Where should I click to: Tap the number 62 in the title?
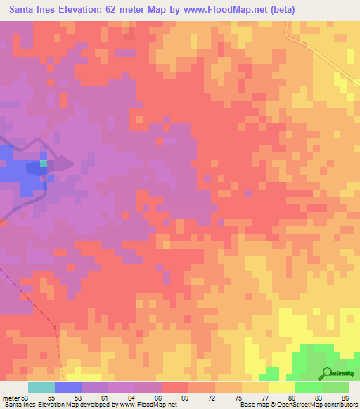pyautogui.click(x=112, y=10)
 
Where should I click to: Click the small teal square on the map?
pyautogui.click(x=44, y=164)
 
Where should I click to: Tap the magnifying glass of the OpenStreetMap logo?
pyautogui.click(x=328, y=372)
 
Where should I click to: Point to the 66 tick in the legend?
pyautogui.click(x=162, y=397)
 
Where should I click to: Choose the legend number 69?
pyautogui.click(x=188, y=397)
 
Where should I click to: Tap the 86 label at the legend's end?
pyautogui.click(x=349, y=397)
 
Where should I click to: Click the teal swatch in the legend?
pyautogui.click(x=41, y=387)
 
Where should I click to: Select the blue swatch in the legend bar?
pyautogui.click(x=68, y=387)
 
